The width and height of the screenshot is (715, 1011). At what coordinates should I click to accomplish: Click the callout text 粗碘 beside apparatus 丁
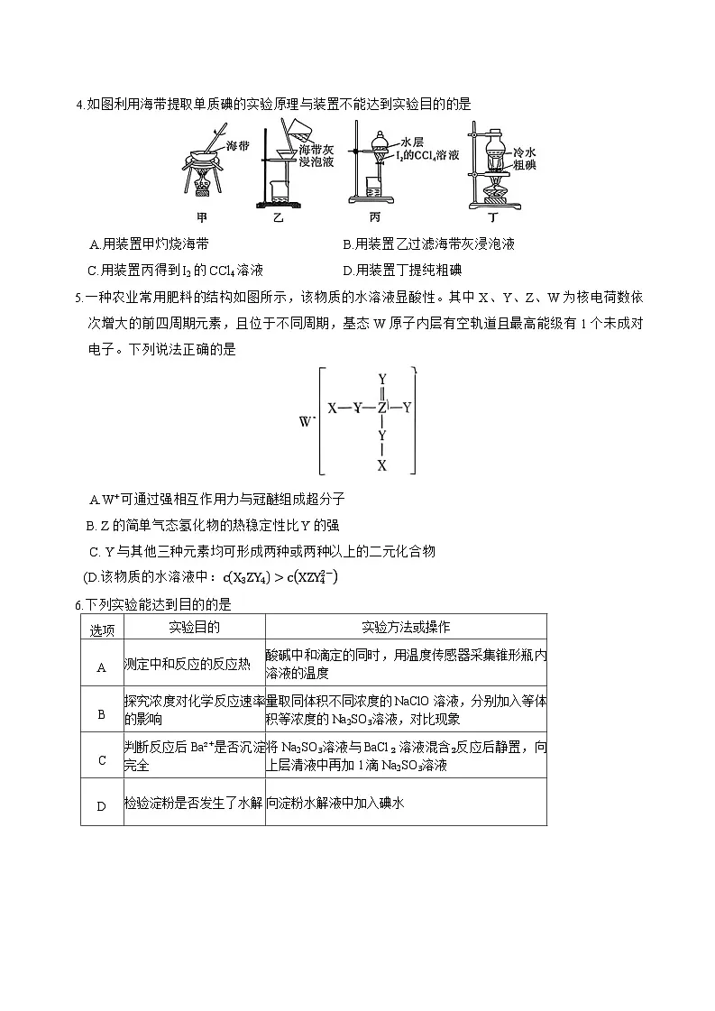525,166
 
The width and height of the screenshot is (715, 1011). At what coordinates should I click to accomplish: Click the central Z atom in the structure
382,408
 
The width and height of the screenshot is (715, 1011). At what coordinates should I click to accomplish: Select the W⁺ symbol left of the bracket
304,421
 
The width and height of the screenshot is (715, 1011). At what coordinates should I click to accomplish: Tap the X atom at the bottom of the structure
382,465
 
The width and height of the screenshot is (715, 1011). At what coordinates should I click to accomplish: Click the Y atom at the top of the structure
382,379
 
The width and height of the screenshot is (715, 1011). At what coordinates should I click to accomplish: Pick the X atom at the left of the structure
332,408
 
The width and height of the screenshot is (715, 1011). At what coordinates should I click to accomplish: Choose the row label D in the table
102,805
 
